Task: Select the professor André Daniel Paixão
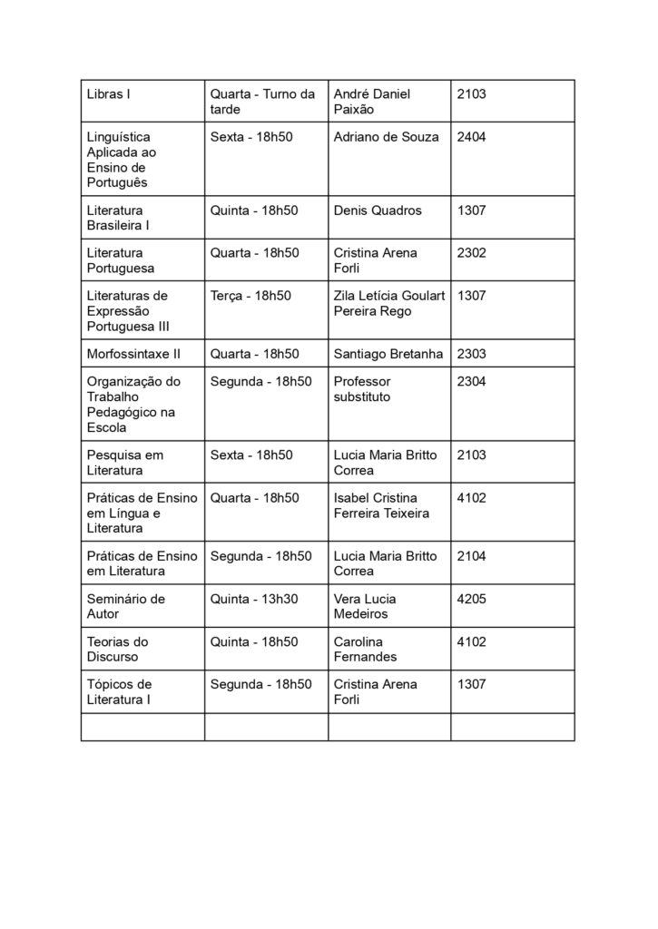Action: coord(372,102)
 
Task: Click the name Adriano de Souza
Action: coord(386,137)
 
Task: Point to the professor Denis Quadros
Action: coord(378,210)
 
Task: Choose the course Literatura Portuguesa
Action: coord(120,260)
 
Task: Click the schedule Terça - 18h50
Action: coord(250,296)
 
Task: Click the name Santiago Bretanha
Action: coord(388,354)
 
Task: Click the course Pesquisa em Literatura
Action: coord(124,463)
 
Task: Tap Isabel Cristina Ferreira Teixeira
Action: coord(382,505)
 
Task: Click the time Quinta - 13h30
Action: coord(254,599)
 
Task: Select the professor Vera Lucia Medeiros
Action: coord(373,606)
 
